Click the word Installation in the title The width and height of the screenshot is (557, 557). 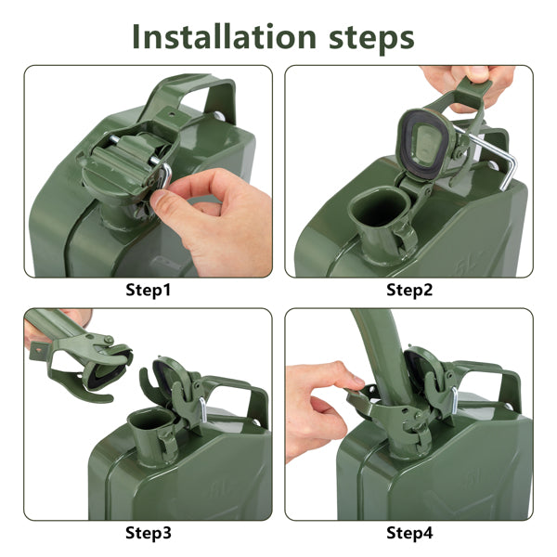pos(224,37)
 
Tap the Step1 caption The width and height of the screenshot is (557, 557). pos(149,290)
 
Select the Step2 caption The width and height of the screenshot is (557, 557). pos(409,290)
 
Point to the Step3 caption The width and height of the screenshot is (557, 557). pos(149,533)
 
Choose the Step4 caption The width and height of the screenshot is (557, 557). pos(409,533)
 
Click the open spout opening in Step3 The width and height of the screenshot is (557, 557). pos(150,419)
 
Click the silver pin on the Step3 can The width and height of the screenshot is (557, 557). pos(202,408)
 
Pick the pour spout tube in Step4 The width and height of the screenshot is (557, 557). pos(383,356)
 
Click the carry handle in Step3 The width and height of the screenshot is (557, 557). pos(241,390)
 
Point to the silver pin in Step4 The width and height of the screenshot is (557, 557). pos(455,400)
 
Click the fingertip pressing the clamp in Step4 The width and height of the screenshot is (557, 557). pos(356,382)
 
